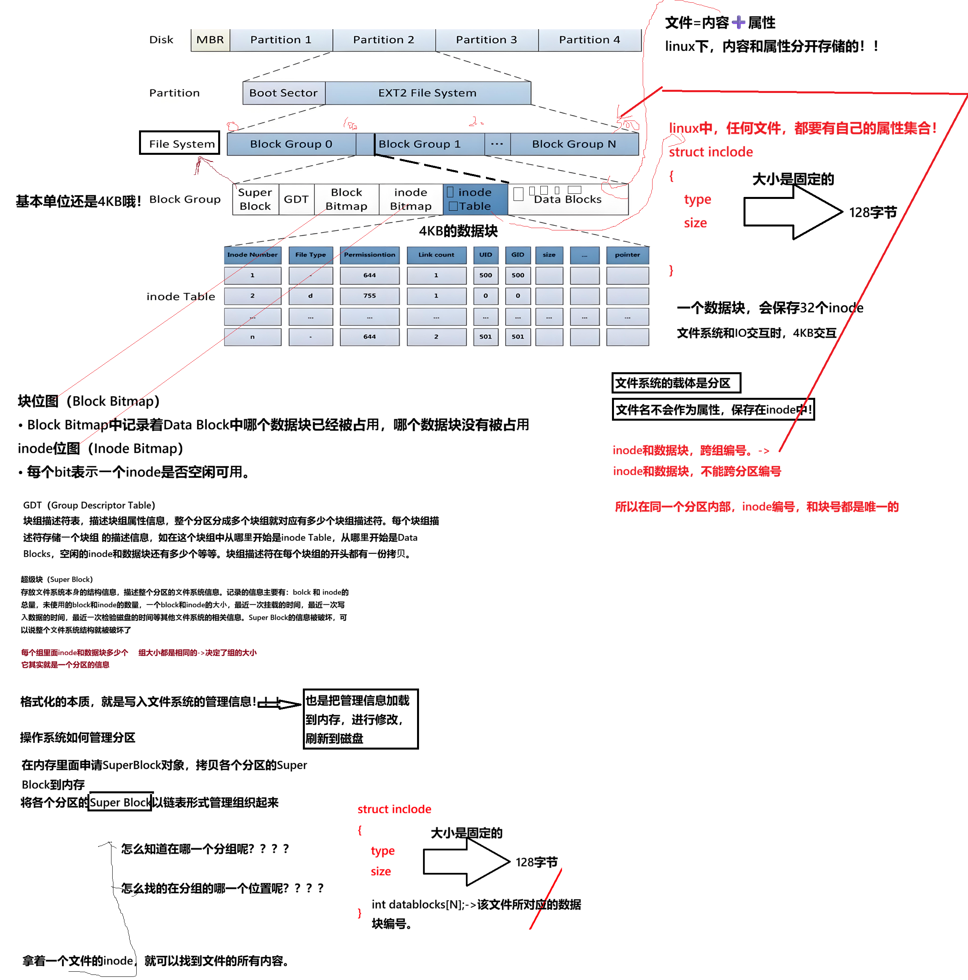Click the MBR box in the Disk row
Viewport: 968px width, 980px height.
point(210,40)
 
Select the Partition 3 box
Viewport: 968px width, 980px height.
point(486,40)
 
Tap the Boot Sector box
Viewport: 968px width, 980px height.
point(284,93)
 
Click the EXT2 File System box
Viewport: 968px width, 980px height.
point(427,93)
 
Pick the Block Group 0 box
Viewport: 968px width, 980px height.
point(291,144)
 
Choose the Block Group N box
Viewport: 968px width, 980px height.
point(574,144)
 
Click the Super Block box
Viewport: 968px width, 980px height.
point(255,199)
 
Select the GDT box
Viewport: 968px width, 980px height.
point(296,199)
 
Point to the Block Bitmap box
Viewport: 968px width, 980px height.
point(346,199)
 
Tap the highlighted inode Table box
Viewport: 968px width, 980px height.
point(475,199)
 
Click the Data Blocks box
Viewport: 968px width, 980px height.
point(567,200)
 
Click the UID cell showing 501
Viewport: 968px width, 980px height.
point(485,337)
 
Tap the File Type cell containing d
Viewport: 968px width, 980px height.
point(310,296)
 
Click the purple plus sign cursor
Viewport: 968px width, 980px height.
point(739,22)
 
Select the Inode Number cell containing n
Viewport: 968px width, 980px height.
point(252,337)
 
